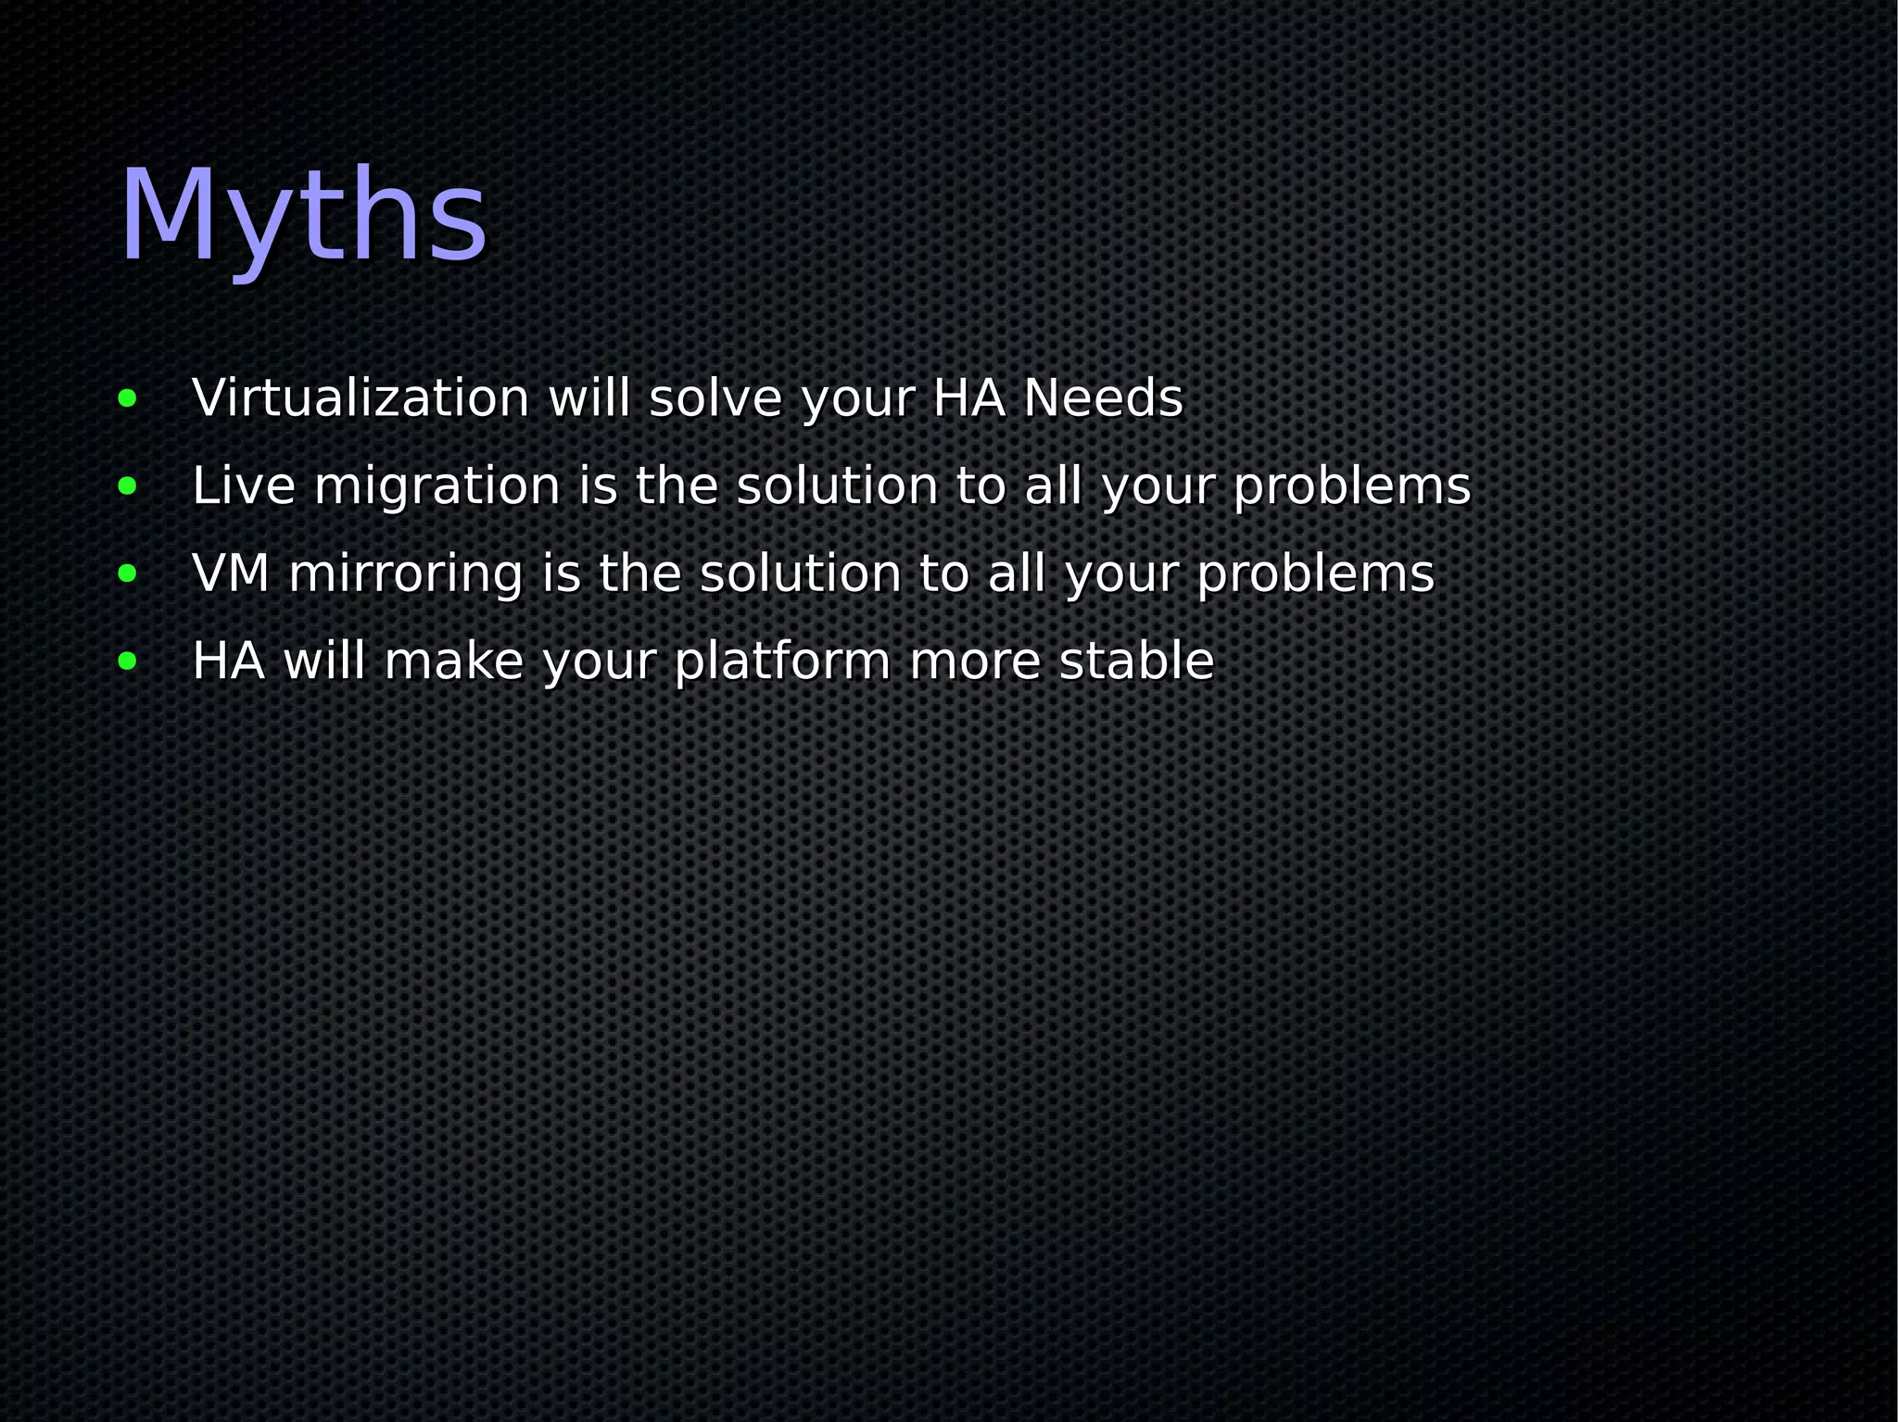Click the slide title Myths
pos(303,218)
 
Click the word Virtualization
pos(361,398)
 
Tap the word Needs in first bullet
pos(1103,398)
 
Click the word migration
pos(437,487)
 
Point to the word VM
pos(231,573)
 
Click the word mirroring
pos(406,575)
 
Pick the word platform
pos(782,662)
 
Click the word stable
pos(1136,661)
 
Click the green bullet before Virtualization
pos(128,400)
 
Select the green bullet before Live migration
pos(128,487)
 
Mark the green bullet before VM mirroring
pos(128,574)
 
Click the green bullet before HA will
pos(128,661)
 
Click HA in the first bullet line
pos(968,398)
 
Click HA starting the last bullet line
pos(228,661)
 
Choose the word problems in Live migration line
pos(1351,487)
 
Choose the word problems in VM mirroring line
pos(1315,575)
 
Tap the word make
pos(454,661)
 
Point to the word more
pos(975,662)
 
